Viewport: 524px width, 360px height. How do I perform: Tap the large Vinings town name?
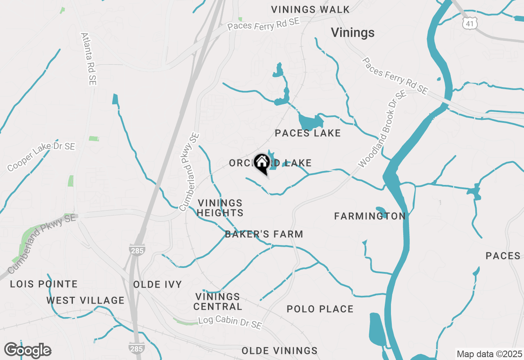(x=352, y=33)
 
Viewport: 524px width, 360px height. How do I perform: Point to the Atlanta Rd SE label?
(x=88, y=59)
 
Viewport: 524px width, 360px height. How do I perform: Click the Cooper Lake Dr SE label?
(x=41, y=157)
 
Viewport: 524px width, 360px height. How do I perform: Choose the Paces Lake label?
(x=308, y=133)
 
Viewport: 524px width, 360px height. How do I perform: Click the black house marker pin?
(x=262, y=164)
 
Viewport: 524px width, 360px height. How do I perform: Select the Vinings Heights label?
(x=220, y=208)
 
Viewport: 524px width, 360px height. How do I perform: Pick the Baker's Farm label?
(x=264, y=234)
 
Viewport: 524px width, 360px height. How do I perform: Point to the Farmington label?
(x=370, y=216)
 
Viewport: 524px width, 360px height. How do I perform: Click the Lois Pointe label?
(x=44, y=284)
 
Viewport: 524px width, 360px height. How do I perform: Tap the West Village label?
(x=85, y=300)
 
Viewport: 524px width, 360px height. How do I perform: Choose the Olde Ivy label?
(x=158, y=285)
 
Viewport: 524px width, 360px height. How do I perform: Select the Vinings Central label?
(x=218, y=301)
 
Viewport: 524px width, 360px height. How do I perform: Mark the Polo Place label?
(x=320, y=309)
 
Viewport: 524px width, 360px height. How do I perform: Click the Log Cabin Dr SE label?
(x=230, y=322)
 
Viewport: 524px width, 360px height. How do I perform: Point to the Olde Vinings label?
(x=280, y=351)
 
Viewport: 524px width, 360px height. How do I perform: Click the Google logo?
(x=27, y=350)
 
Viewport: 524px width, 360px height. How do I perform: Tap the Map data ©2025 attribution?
(x=489, y=354)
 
